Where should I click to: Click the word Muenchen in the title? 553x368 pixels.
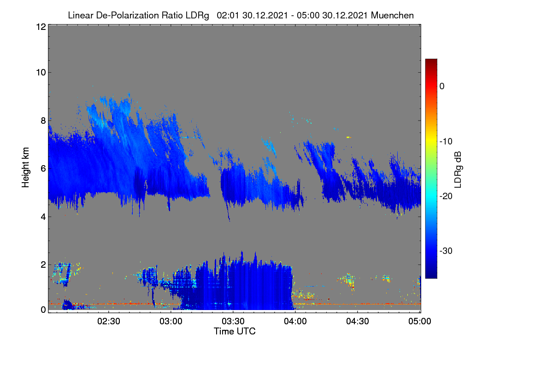point(392,15)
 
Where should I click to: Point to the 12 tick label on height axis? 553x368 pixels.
point(41,27)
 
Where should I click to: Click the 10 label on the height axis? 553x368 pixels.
point(41,73)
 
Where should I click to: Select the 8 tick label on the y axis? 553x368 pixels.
point(43,121)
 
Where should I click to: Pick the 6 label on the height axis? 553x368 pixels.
point(43,169)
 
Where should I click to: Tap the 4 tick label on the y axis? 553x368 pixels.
point(43,217)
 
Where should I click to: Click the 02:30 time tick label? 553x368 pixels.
point(109,321)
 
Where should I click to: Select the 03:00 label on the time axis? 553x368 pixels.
point(171,321)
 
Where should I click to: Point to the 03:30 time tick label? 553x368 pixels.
point(233,321)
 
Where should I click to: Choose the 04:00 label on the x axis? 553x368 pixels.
point(295,321)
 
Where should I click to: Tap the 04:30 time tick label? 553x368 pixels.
point(358,321)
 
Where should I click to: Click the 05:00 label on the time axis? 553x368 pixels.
point(420,321)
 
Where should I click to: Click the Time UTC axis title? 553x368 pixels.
point(235,331)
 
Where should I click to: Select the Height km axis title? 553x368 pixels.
point(25,167)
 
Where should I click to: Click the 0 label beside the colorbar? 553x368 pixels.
point(442,86)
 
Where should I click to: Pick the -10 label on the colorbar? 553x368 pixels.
point(446,142)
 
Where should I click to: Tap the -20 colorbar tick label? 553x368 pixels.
point(446,196)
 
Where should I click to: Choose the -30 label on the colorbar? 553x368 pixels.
point(446,251)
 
